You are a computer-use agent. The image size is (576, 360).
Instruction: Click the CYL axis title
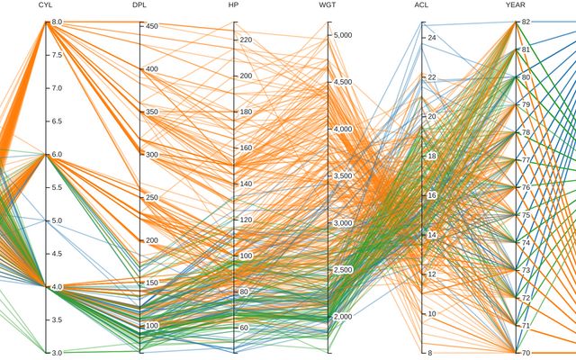pyautogui.click(x=46, y=5)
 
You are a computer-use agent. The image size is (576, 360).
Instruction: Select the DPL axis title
pyautogui.click(x=139, y=5)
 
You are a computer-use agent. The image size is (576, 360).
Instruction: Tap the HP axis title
pyautogui.click(x=234, y=5)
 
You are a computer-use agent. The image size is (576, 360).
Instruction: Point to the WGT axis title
pyautogui.click(x=328, y=5)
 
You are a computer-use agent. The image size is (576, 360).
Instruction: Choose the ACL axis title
pyautogui.click(x=421, y=5)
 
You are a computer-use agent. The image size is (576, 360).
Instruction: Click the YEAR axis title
pyautogui.click(x=515, y=5)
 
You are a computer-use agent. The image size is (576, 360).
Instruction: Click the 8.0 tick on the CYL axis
pyautogui.click(x=56, y=22)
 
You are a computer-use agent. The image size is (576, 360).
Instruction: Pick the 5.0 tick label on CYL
pyautogui.click(x=56, y=220)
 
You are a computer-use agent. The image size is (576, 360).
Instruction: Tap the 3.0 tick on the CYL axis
pyautogui.click(x=56, y=353)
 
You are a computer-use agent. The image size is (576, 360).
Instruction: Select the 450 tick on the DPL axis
pyautogui.click(x=152, y=27)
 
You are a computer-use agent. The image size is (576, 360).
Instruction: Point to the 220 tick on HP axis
pyautogui.click(x=246, y=40)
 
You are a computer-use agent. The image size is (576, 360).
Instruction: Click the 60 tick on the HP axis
pyautogui.click(x=244, y=328)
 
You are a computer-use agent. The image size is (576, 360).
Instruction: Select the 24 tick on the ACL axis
pyautogui.click(x=432, y=39)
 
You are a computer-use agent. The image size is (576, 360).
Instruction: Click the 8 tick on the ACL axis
pyautogui.click(x=430, y=353)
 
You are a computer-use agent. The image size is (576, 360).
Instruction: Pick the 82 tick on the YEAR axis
pyautogui.click(x=526, y=22)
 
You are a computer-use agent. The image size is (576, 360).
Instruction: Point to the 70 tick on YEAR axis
pyautogui.click(x=526, y=353)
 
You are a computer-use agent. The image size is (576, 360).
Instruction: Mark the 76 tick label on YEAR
pyautogui.click(x=526, y=187)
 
